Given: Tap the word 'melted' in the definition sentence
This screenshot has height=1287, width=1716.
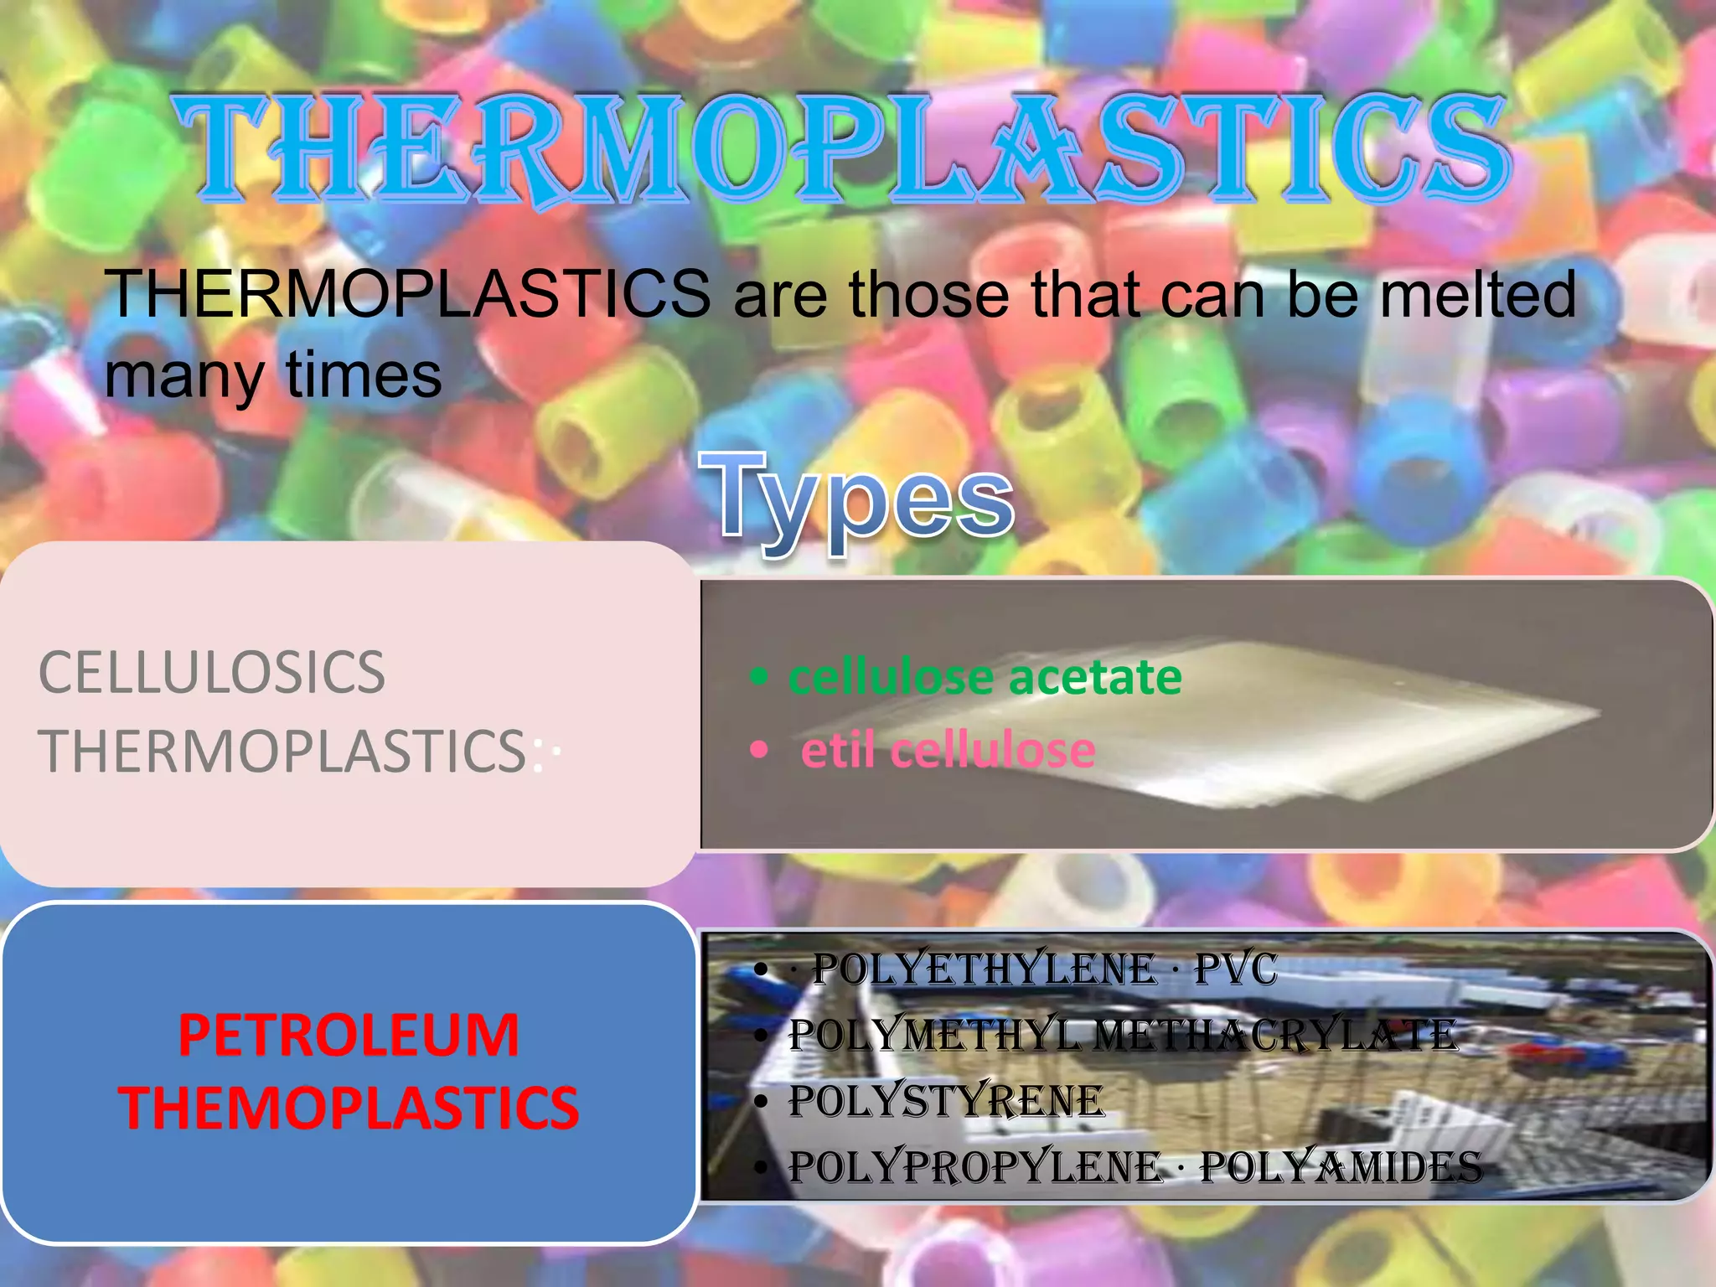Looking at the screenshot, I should pyautogui.click(x=1477, y=295).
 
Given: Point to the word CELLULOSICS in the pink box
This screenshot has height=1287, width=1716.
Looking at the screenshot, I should pyautogui.click(x=212, y=672).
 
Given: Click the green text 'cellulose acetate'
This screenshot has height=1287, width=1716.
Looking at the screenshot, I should pyautogui.click(x=985, y=677).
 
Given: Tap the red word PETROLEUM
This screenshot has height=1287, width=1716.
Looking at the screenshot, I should pyautogui.click(x=349, y=1035).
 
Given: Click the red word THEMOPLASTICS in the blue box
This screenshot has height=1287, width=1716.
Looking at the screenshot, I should pyautogui.click(x=349, y=1108).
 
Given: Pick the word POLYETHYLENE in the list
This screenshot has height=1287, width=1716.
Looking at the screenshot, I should pyautogui.click(x=985, y=969).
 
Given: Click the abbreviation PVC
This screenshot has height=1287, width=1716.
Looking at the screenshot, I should pyautogui.click(x=1235, y=969).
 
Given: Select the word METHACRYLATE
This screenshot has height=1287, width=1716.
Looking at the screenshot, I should pyautogui.click(x=1276, y=1036).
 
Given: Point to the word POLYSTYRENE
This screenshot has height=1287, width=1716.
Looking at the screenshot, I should pyautogui.click(x=947, y=1101).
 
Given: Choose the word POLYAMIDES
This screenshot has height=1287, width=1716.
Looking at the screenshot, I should pyautogui.click(x=1341, y=1167).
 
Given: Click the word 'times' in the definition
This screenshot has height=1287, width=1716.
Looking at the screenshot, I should pyautogui.click(x=364, y=375).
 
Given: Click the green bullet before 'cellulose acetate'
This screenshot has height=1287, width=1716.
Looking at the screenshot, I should pyautogui.click(x=759, y=677).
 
